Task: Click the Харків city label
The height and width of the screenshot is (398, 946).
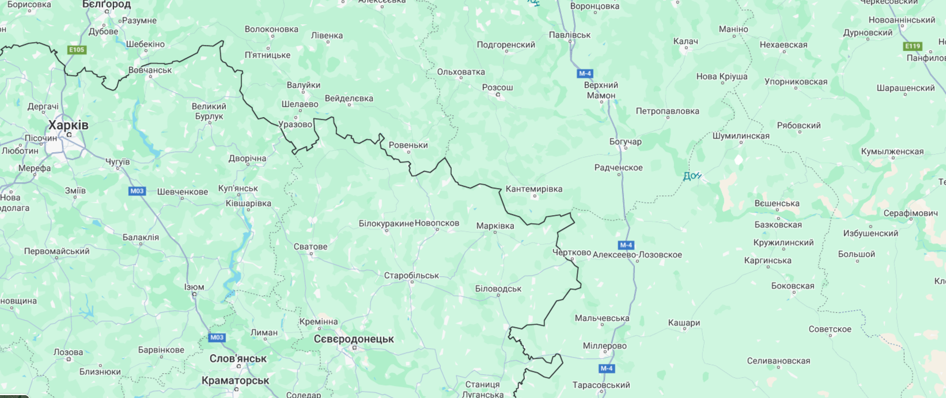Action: (x=69, y=125)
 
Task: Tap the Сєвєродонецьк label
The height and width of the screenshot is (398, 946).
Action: (x=354, y=339)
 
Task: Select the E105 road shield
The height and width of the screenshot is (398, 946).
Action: (x=77, y=50)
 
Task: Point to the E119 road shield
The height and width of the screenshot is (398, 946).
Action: (x=913, y=46)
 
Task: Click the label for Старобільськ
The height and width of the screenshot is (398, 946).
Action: (x=411, y=276)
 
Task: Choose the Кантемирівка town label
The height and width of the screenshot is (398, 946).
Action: (x=533, y=189)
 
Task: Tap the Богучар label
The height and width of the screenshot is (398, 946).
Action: (x=625, y=142)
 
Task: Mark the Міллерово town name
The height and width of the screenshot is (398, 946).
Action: (x=604, y=346)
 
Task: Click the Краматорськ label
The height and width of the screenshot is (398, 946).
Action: (x=236, y=381)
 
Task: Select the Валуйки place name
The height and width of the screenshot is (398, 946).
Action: (x=304, y=85)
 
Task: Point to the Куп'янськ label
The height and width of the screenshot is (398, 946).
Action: (x=238, y=189)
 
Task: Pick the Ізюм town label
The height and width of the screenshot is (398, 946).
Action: (x=194, y=287)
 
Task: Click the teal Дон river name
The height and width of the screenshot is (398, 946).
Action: (x=691, y=176)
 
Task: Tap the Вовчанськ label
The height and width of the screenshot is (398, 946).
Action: (x=150, y=70)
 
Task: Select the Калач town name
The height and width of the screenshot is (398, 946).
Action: (x=686, y=42)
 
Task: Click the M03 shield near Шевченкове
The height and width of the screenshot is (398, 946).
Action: (x=137, y=191)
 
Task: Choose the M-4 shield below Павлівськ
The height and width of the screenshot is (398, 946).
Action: (x=585, y=73)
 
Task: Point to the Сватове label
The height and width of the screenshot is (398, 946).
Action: (x=311, y=247)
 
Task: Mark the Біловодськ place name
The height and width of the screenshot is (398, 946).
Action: (x=498, y=289)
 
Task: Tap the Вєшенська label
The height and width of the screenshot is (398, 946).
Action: (x=777, y=204)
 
